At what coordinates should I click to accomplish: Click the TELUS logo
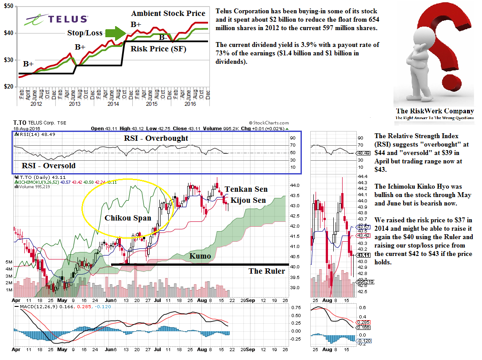coord(56,19)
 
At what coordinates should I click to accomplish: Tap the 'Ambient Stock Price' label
coord(168,14)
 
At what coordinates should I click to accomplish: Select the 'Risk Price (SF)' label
coord(158,49)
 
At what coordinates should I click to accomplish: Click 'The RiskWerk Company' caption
coord(434,111)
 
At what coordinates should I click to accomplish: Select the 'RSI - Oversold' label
coord(49,166)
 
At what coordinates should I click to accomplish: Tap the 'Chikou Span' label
coord(128,218)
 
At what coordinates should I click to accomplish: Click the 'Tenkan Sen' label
coord(246,189)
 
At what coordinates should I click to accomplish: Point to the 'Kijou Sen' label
coord(248,200)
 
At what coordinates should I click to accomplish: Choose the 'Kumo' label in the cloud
coord(200,256)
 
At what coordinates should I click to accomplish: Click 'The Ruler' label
coord(266,271)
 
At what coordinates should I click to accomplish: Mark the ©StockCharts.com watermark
coord(269,123)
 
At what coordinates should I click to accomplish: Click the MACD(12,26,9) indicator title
coord(34,306)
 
